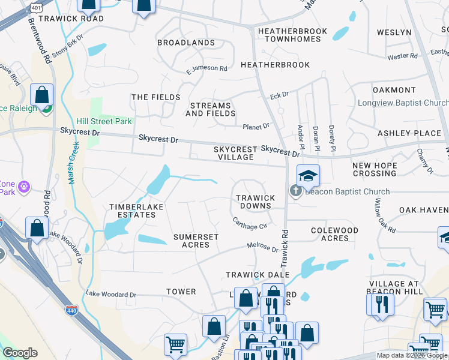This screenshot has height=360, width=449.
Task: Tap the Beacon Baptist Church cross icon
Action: pyautogui.click(x=295, y=191)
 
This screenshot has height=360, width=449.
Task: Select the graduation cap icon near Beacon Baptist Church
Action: pyautogui.click(x=308, y=175)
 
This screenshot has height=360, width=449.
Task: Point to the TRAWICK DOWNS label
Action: pyautogui.click(x=255, y=202)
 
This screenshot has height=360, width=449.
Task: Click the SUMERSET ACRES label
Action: pyautogui.click(x=196, y=241)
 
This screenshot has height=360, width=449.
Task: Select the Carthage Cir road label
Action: pyautogui.click(x=250, y=223)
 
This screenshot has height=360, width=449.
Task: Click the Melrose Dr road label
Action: pyautogui.click(x=263, y=248)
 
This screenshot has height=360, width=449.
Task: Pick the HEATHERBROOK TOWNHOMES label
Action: pyautogui.click(x=292, y=35)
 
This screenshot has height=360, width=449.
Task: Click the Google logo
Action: pyautogui.click(x=20, y=353)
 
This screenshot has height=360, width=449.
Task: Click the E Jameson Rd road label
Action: pyautogui.click(x=206, y=69)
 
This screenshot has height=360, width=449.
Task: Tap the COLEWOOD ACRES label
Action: pyautogui.click(x=334, y=234)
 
